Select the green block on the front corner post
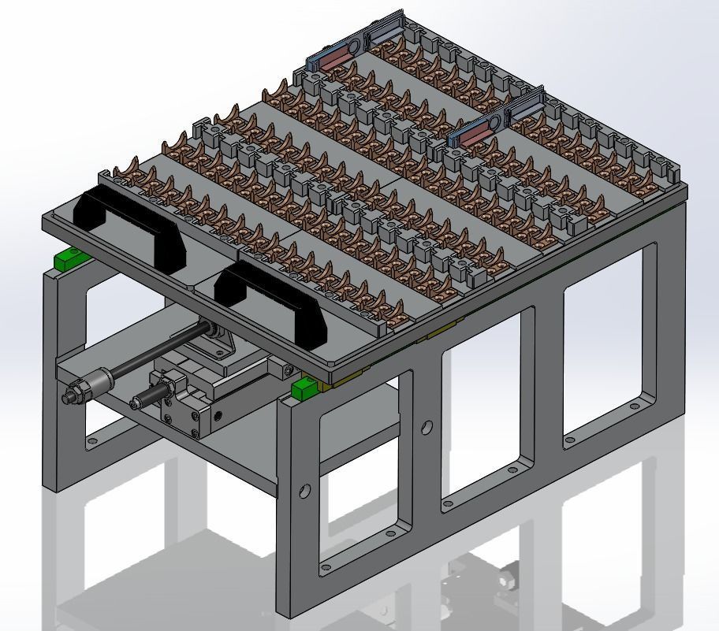(x=304, y=388)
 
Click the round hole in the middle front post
(x=427, y=428)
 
